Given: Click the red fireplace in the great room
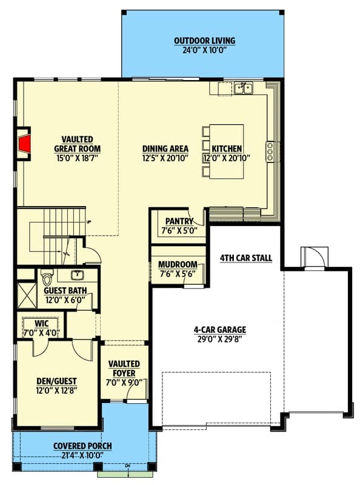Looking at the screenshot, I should pyautogui.click(x=24, y=144).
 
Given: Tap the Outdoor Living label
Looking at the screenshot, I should pyautogui.click(x=204, y=41).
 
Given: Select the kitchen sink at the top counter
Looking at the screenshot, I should pyautogui.click(x=244, y=89).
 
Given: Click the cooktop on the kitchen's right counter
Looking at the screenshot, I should pyautogui.click(x=269, y=151).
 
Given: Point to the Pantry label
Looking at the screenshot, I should pyautogui.click(x=178, y=222).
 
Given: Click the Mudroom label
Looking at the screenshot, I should pyautogui.click(x=178, y=265).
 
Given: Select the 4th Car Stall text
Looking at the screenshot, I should pyautogui.click(x=245, y=259).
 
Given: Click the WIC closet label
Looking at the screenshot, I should pyautogui.click(x=41, y=324).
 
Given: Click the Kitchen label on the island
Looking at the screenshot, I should pyautogui.click(x=227, y=149).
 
